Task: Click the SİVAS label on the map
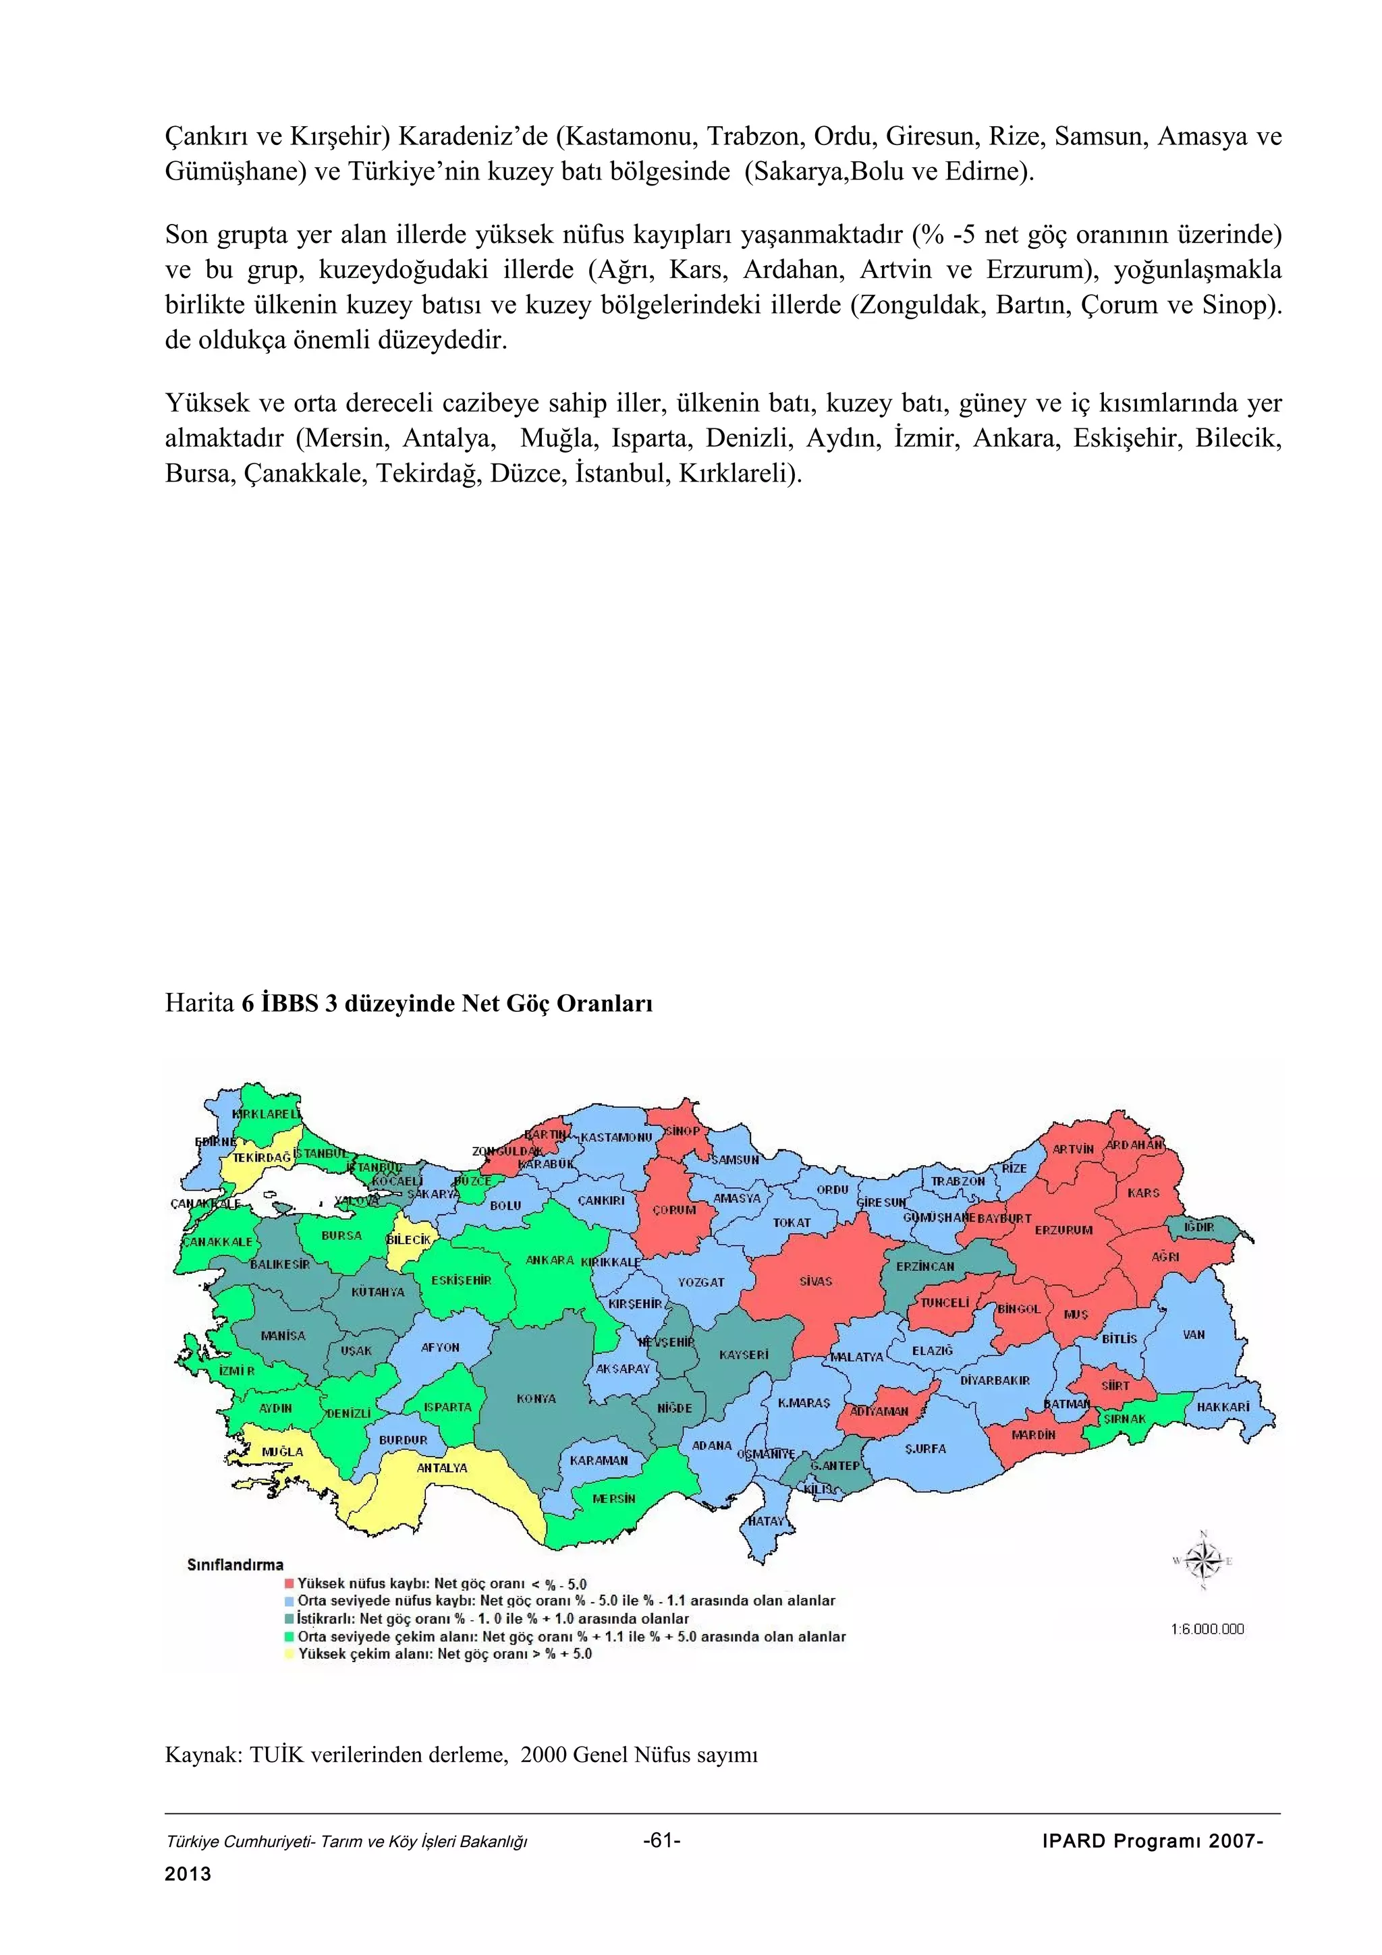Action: click(815, 1282)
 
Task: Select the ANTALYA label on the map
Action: click(441, 1468)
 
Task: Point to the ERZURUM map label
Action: click(1063, 1230)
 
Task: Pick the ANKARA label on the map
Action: click(549, 1260)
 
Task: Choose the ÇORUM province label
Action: click(674, 1210)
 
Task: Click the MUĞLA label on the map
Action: click(282, 1451)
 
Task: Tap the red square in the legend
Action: click(289, 1584)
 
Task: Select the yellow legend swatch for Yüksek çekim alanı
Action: click(289, 1653)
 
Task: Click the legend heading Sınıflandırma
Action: click(235, 1565)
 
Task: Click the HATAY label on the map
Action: click(765, 1521)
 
